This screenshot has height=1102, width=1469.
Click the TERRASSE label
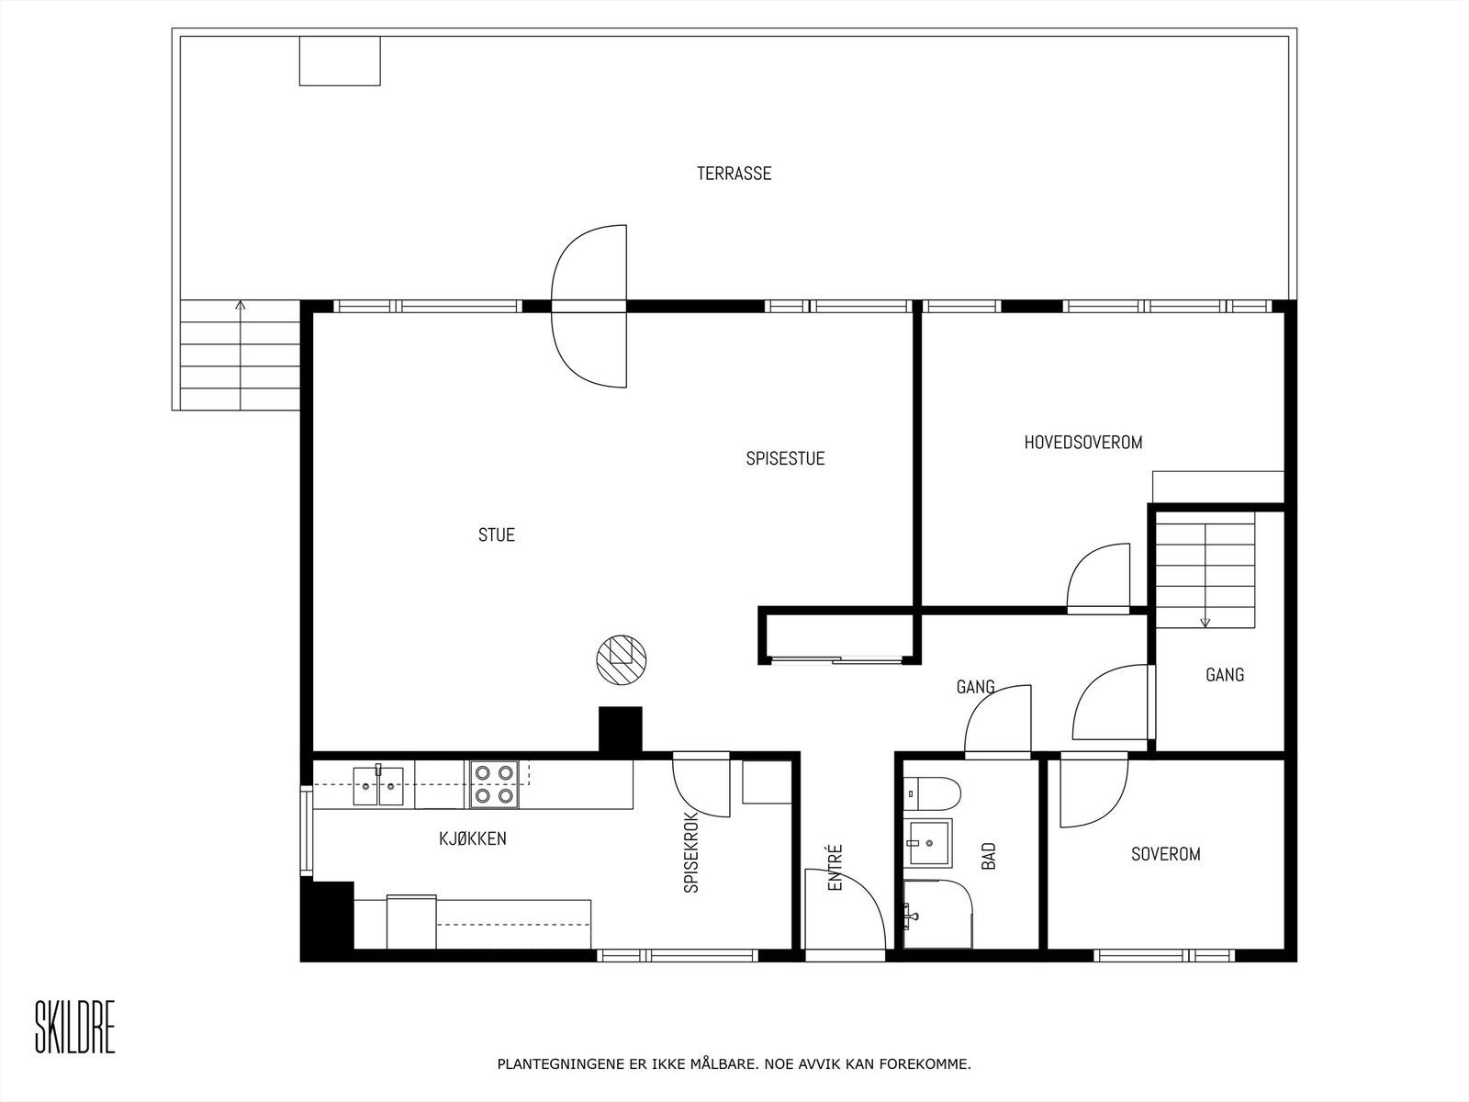tap(734, 174)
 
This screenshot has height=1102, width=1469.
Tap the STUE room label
tap(497, 534)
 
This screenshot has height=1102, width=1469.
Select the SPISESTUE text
tap(785, 458)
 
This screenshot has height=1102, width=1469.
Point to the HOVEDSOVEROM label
tap(1083, 443)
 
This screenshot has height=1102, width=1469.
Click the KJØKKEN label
tap(472, 838)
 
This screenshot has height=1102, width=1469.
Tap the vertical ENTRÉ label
tap(835, 868)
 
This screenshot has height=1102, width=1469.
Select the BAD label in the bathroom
tap(989, 857)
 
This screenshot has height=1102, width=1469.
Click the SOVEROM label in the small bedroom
tap(1165, 854)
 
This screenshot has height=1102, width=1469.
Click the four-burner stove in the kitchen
tap(494, 784)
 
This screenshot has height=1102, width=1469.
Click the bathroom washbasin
tap(928, 843)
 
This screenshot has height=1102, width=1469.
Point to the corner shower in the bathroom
tap(936, 914)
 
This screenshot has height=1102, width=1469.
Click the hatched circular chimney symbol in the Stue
tap(621, 659)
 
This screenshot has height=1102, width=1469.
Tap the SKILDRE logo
tap(75, 1028)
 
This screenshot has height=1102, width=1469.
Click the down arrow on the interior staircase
tap(1205, 620)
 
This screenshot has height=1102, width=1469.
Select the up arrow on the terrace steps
tap(241, 306)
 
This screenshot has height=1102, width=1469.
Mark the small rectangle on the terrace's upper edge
tap(340, 61)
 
